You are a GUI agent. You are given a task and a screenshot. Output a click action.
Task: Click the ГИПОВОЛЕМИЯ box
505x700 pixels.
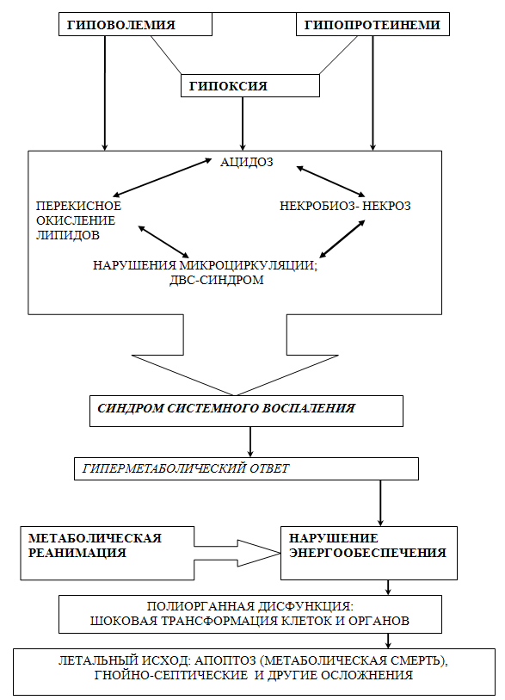(135, 24)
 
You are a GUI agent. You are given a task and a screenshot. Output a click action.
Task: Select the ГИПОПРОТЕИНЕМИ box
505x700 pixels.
(373, 24)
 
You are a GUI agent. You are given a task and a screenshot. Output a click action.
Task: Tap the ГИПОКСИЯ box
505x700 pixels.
(249, 85)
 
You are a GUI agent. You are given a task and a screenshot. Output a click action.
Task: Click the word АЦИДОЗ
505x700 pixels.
(246, 162)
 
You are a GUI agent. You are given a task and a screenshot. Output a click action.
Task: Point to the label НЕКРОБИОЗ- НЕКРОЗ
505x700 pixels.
(345, 206)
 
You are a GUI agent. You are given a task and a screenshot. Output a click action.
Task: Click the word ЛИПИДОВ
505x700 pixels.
(68, 235)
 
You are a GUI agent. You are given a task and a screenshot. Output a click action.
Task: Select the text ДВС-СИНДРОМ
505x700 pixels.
(216, 280)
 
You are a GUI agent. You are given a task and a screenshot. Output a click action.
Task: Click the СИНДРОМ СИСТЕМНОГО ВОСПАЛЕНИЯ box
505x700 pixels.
(246, 411)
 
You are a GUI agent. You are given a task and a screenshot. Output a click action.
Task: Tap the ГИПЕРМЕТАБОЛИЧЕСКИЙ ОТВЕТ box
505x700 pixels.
(246, 468)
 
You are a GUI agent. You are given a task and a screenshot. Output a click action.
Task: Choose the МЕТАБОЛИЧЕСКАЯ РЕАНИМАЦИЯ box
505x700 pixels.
(107, 553)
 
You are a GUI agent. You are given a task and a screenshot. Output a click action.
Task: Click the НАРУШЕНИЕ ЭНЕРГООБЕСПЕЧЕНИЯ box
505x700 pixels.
(369, 553)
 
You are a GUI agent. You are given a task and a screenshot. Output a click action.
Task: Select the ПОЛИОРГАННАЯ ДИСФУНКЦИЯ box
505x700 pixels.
(250, 614)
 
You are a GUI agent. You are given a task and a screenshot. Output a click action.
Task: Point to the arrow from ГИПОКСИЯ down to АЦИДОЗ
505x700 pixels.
(243, 123)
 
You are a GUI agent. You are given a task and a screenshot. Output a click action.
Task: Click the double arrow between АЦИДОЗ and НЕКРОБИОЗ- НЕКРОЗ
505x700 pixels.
(330, 182)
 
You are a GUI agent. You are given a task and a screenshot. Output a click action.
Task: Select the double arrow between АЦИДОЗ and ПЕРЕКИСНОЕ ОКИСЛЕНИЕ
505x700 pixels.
(162, 177)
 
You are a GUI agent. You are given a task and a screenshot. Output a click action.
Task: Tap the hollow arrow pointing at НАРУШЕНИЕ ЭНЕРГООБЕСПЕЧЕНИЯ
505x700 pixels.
(237, 553)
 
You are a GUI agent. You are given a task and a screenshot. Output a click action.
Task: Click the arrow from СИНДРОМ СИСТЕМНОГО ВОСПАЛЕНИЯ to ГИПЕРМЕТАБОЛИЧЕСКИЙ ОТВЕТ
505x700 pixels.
(250, 442)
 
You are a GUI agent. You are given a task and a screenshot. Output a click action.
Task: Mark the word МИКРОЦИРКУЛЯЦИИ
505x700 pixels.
(249, 265)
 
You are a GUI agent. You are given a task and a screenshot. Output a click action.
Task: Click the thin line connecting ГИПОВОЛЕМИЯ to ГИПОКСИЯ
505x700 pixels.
(166, 55)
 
